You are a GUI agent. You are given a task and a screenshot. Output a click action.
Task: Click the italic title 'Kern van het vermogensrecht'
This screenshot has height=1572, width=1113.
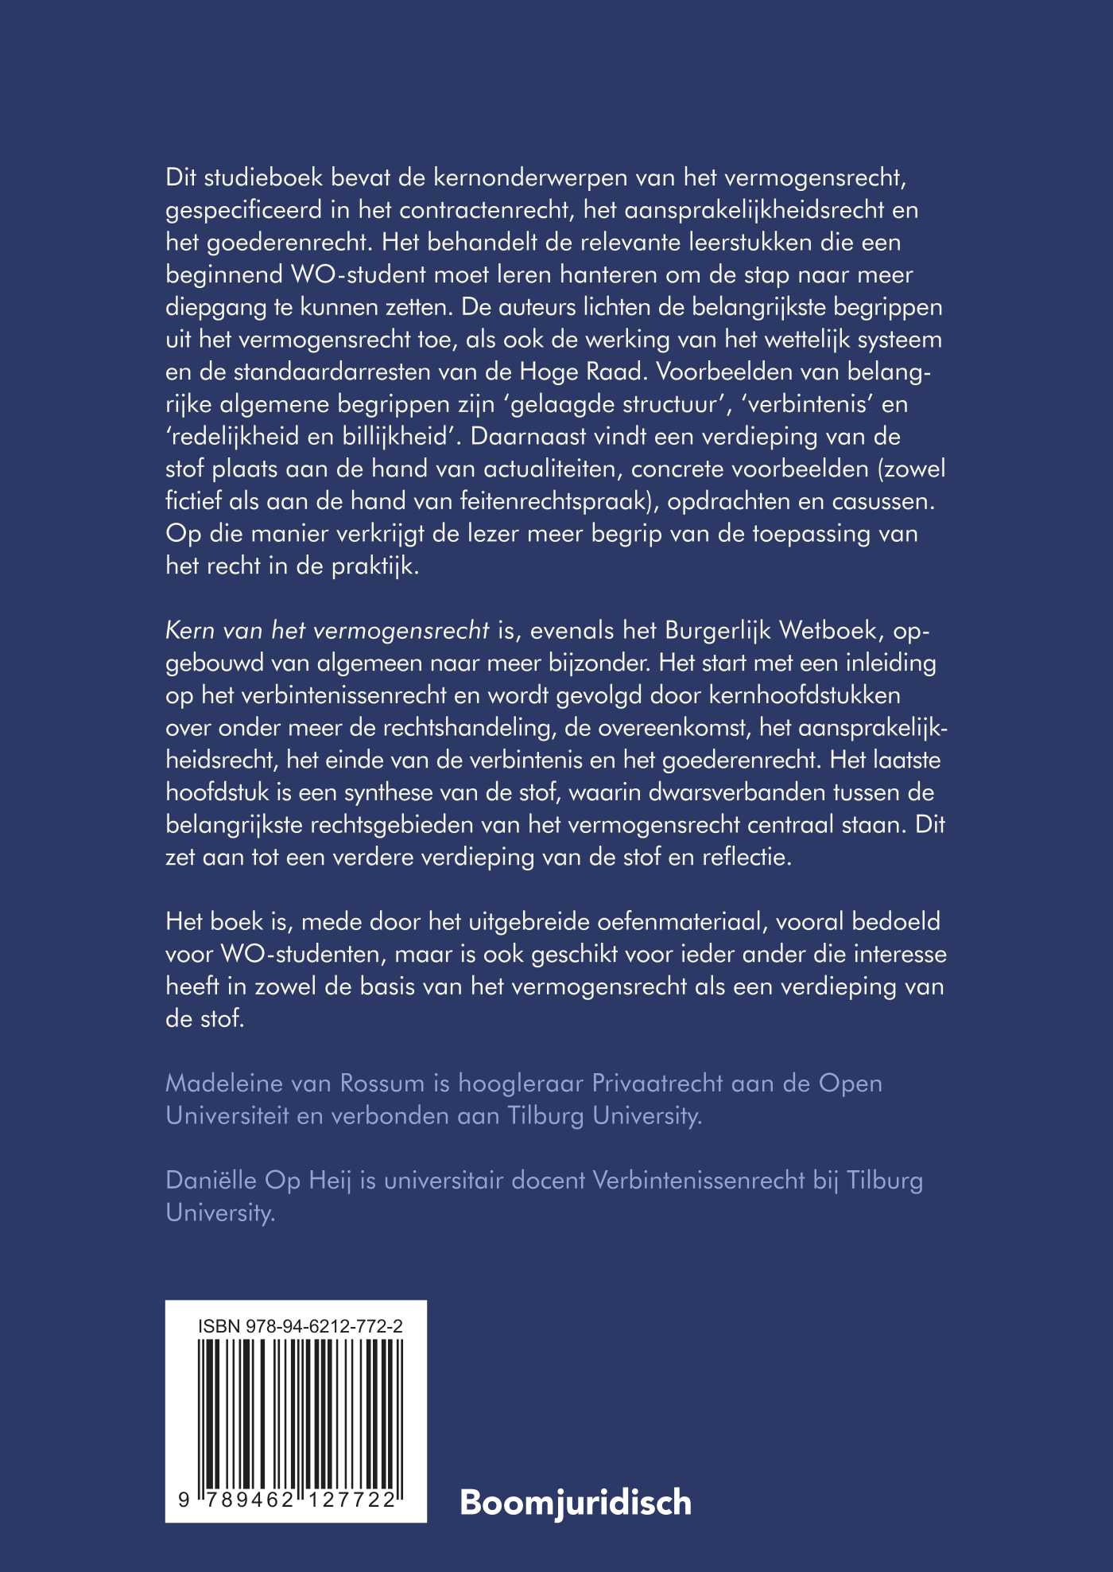tap(327, 631)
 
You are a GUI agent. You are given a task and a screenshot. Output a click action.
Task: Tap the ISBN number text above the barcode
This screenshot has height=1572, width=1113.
tap(300, 1325)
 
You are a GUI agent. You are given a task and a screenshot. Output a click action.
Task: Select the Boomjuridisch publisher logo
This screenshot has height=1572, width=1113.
tap(576, 1503)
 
